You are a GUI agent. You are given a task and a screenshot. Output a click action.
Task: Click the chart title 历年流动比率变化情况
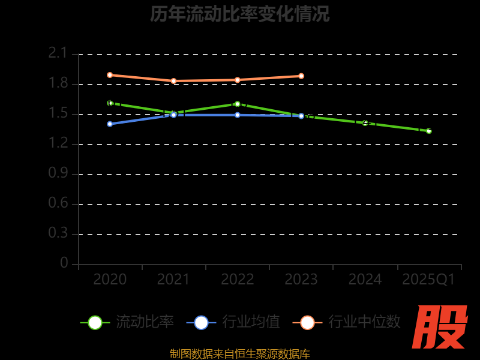[240, 14]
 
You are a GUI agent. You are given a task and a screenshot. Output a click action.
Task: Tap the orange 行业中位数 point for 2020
[110, 75]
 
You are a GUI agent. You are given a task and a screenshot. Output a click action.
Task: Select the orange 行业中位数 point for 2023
[301, 76]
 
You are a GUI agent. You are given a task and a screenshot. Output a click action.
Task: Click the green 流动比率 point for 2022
[238, 104]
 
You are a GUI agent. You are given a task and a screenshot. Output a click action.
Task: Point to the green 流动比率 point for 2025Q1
[429, 131]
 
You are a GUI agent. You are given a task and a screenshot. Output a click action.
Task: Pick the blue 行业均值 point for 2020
[110, 124]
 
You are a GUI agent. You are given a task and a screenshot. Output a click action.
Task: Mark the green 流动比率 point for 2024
[365, 123]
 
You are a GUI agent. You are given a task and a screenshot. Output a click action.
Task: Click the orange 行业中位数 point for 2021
[173, 81]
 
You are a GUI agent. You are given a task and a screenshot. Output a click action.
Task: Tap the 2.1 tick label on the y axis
[58, 53]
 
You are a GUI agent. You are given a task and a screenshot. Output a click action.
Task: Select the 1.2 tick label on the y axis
[58, 143]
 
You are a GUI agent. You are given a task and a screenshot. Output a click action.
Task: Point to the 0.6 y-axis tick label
[58, 203]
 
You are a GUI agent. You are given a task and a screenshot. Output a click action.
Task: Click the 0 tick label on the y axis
[64, 263]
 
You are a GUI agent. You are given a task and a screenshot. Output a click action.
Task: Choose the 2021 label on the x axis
[173, 280]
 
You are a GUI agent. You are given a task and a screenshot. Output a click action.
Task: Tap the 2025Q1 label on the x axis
[428, 280]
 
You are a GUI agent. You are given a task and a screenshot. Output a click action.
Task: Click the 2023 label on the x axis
[301, 280]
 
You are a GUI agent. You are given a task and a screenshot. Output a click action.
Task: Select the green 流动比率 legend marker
[95, 322]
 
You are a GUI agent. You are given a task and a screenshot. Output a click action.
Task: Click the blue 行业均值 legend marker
[201, 322]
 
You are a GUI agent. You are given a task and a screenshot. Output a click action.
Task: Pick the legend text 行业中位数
[364, 322]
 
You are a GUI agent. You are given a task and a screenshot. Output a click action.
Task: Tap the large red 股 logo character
[441, 327]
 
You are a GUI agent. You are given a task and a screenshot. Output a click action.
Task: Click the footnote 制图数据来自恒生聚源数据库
[240, 354]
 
